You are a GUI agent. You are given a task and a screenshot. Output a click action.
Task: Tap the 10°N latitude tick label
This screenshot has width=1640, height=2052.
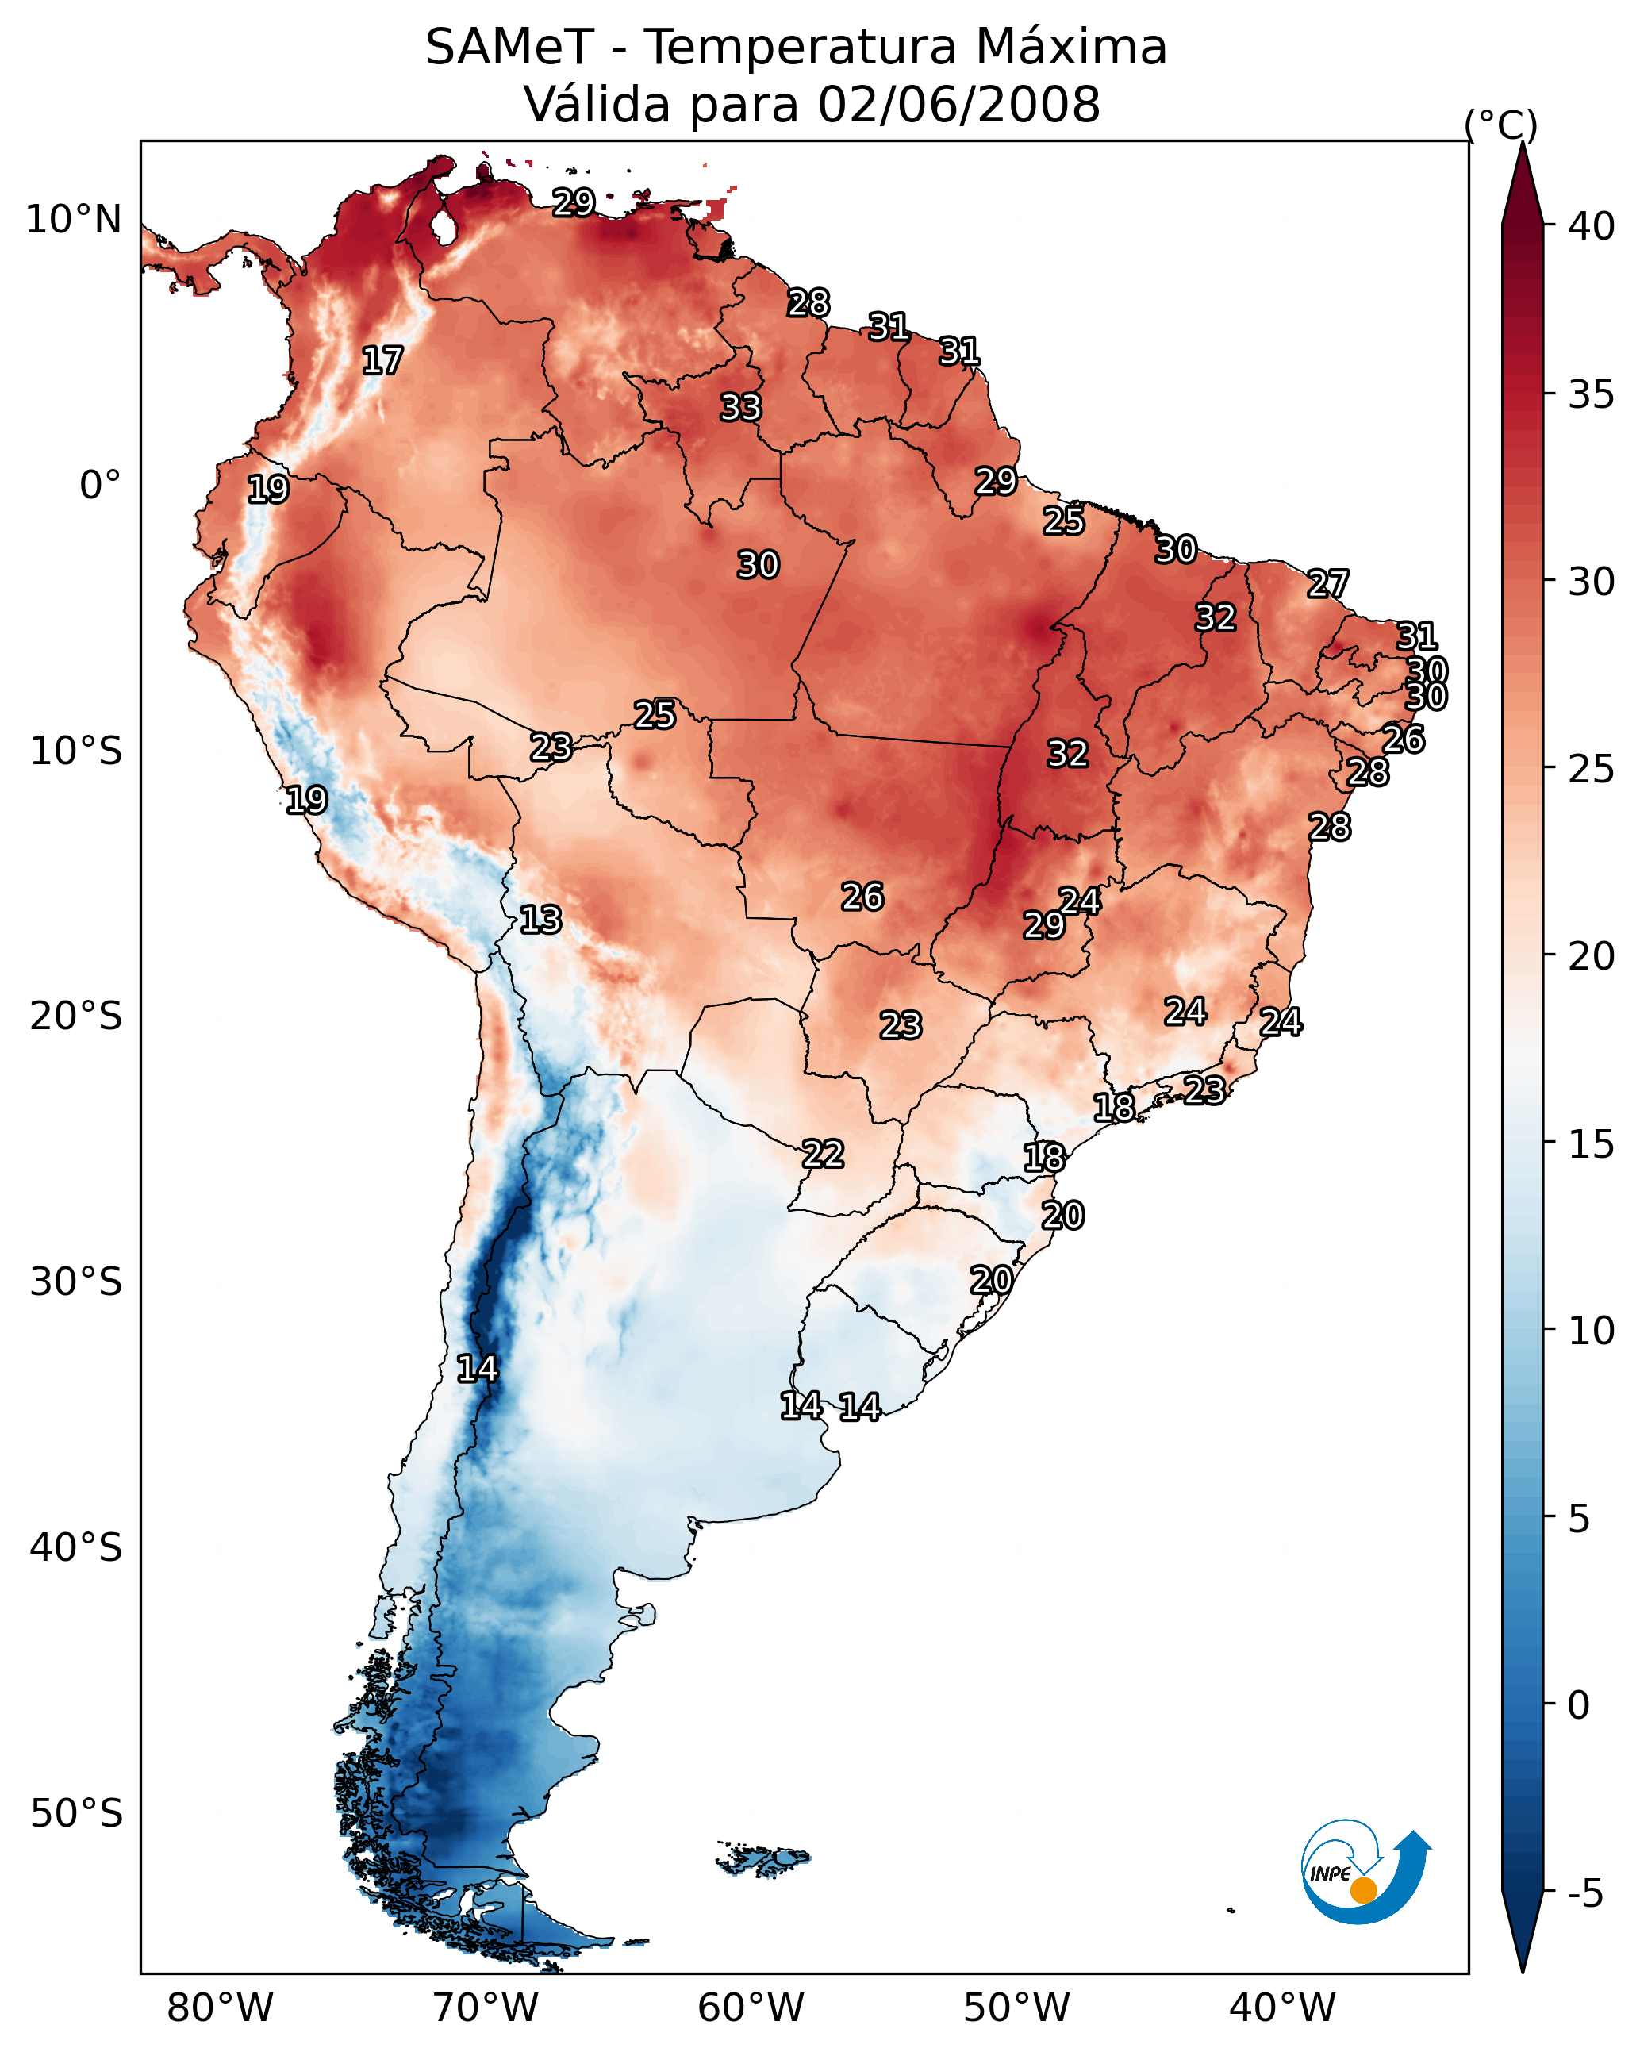point(73,220)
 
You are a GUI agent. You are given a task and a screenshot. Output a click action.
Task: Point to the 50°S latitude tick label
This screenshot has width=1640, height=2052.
point(76,1814)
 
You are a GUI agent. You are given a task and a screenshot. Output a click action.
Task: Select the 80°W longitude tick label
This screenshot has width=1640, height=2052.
point(220,2008)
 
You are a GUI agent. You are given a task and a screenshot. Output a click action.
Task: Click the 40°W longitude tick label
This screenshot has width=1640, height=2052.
point(1282,2008)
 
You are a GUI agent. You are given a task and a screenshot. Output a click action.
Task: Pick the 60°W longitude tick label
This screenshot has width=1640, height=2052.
point(751,2008)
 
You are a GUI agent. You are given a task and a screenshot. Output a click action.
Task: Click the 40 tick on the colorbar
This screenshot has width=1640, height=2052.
point(1592,226)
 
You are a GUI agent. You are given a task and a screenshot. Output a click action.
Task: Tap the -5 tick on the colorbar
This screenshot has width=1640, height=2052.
point(1584,1894)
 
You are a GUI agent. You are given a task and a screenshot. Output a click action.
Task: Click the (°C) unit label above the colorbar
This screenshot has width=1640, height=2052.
point(1501,125)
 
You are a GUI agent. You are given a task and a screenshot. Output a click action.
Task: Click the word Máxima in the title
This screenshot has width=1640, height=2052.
point(1071,48)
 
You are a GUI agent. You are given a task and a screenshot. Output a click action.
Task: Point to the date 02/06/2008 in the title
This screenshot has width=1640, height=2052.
point(958,105)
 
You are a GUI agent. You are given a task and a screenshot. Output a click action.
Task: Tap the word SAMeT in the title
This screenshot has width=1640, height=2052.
point(509,48)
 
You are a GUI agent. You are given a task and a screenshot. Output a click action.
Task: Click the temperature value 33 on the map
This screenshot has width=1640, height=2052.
point(740,407)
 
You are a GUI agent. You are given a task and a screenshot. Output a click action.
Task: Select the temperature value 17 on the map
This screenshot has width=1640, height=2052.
point(382,361)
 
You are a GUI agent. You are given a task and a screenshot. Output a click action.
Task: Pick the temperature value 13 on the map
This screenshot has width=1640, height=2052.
point(540,920)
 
